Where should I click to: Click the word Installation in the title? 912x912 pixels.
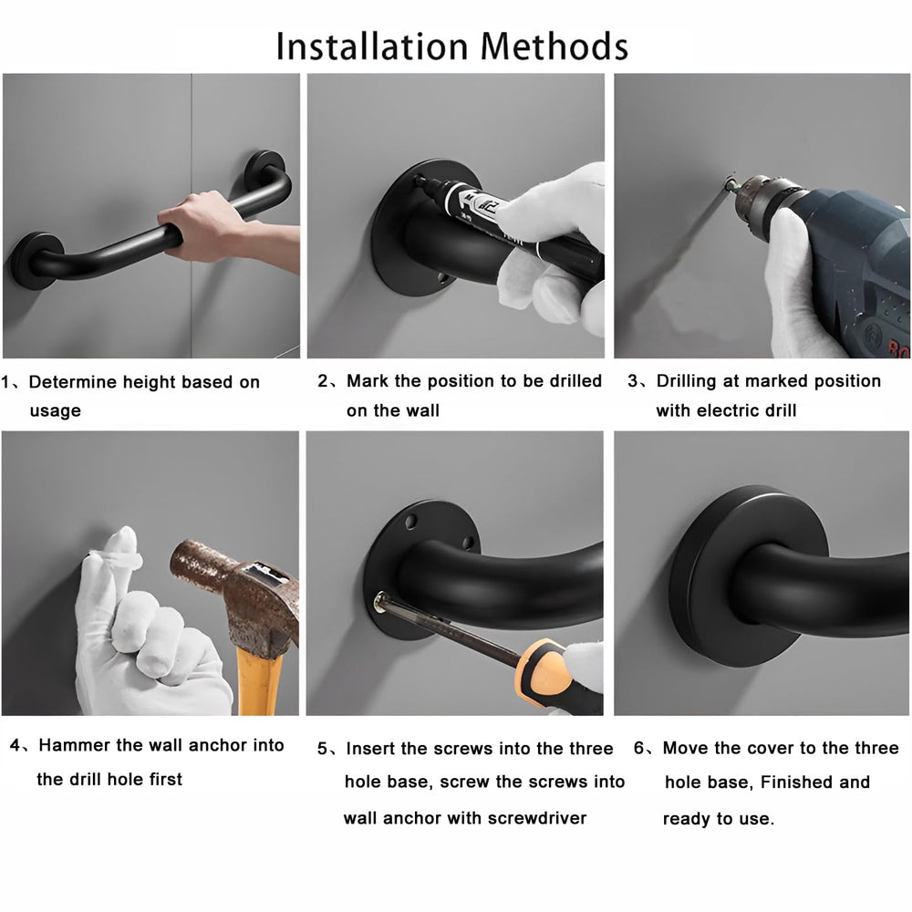pos(372,46)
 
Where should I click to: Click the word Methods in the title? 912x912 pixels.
pos(554,46)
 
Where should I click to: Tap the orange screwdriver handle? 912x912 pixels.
pos(542,668)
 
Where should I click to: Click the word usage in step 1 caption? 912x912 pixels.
pos(56,411)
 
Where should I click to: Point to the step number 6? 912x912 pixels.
pos(638,748)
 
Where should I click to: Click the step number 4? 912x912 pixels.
pos(16,745)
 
